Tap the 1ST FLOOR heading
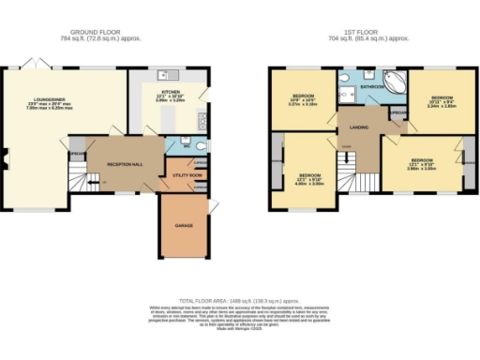(x=362, y=34)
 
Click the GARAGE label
(x=184, y=226)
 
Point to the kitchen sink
(x=165, y=72)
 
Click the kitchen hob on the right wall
(x=202, y=120)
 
